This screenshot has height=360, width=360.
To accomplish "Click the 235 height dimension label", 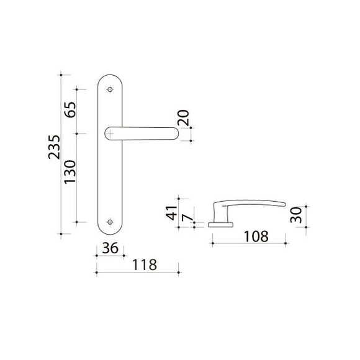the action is [x=54, y=147].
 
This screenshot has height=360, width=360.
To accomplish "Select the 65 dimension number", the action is [x=70, y=109].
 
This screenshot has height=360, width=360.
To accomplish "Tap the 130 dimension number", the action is [x=70, y=172].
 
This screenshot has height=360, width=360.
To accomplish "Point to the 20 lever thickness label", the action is [x=184, y=118].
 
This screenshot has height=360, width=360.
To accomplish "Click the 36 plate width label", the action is [x=110, y=248].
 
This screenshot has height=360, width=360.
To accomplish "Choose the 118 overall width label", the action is [x=145, y=264].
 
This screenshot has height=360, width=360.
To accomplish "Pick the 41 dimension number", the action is [x=171, y=213].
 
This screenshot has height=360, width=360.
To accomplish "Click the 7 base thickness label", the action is [x=187, y=217].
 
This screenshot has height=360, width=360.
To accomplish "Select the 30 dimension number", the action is [x=296, y=215].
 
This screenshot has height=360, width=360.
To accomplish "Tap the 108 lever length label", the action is [x=256, y=236].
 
